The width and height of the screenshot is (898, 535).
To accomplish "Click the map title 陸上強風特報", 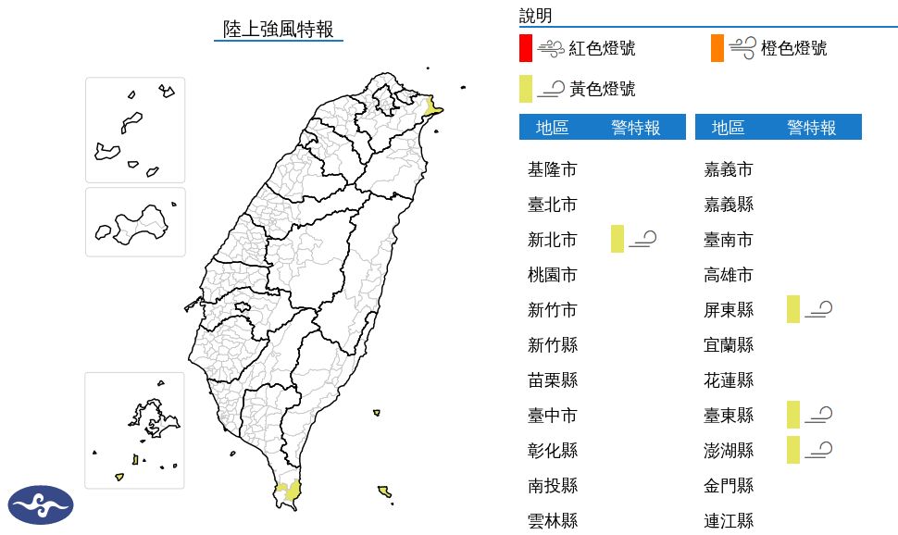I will [x=279, y=29].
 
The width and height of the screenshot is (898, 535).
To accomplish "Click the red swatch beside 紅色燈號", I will [x=525, y=48].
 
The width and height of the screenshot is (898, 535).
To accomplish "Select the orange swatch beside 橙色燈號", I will [x=717, y=48].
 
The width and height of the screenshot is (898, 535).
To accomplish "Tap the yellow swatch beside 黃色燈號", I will [x=525, y=89].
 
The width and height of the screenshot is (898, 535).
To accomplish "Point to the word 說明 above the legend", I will [x=535, y=15].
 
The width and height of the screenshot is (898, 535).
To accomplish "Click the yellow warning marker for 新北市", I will [x=617, y=239].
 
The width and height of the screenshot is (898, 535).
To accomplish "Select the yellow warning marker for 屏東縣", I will [x=793, y=309].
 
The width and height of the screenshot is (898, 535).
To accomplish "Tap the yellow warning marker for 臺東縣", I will [x=793, y=415].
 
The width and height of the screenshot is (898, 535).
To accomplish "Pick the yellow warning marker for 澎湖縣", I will [x=793, y=450].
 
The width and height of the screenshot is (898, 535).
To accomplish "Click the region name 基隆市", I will [x=553, y=169].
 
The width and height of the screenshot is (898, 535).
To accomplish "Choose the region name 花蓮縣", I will [x=729, y=380].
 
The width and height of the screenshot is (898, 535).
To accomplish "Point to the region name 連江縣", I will [x=729, y=521].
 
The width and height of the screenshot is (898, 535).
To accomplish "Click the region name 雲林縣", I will [x=553, y=521].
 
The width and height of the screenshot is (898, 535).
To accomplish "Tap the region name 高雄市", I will [x=729, y=275].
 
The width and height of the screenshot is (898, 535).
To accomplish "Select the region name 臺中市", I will [x=553, y=416].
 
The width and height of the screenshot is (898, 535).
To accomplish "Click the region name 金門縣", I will [x=729, y=486].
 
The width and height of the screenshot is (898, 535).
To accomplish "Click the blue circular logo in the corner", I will [x=40, y=504].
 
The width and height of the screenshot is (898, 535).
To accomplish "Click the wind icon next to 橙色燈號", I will [x=742, y=48].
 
